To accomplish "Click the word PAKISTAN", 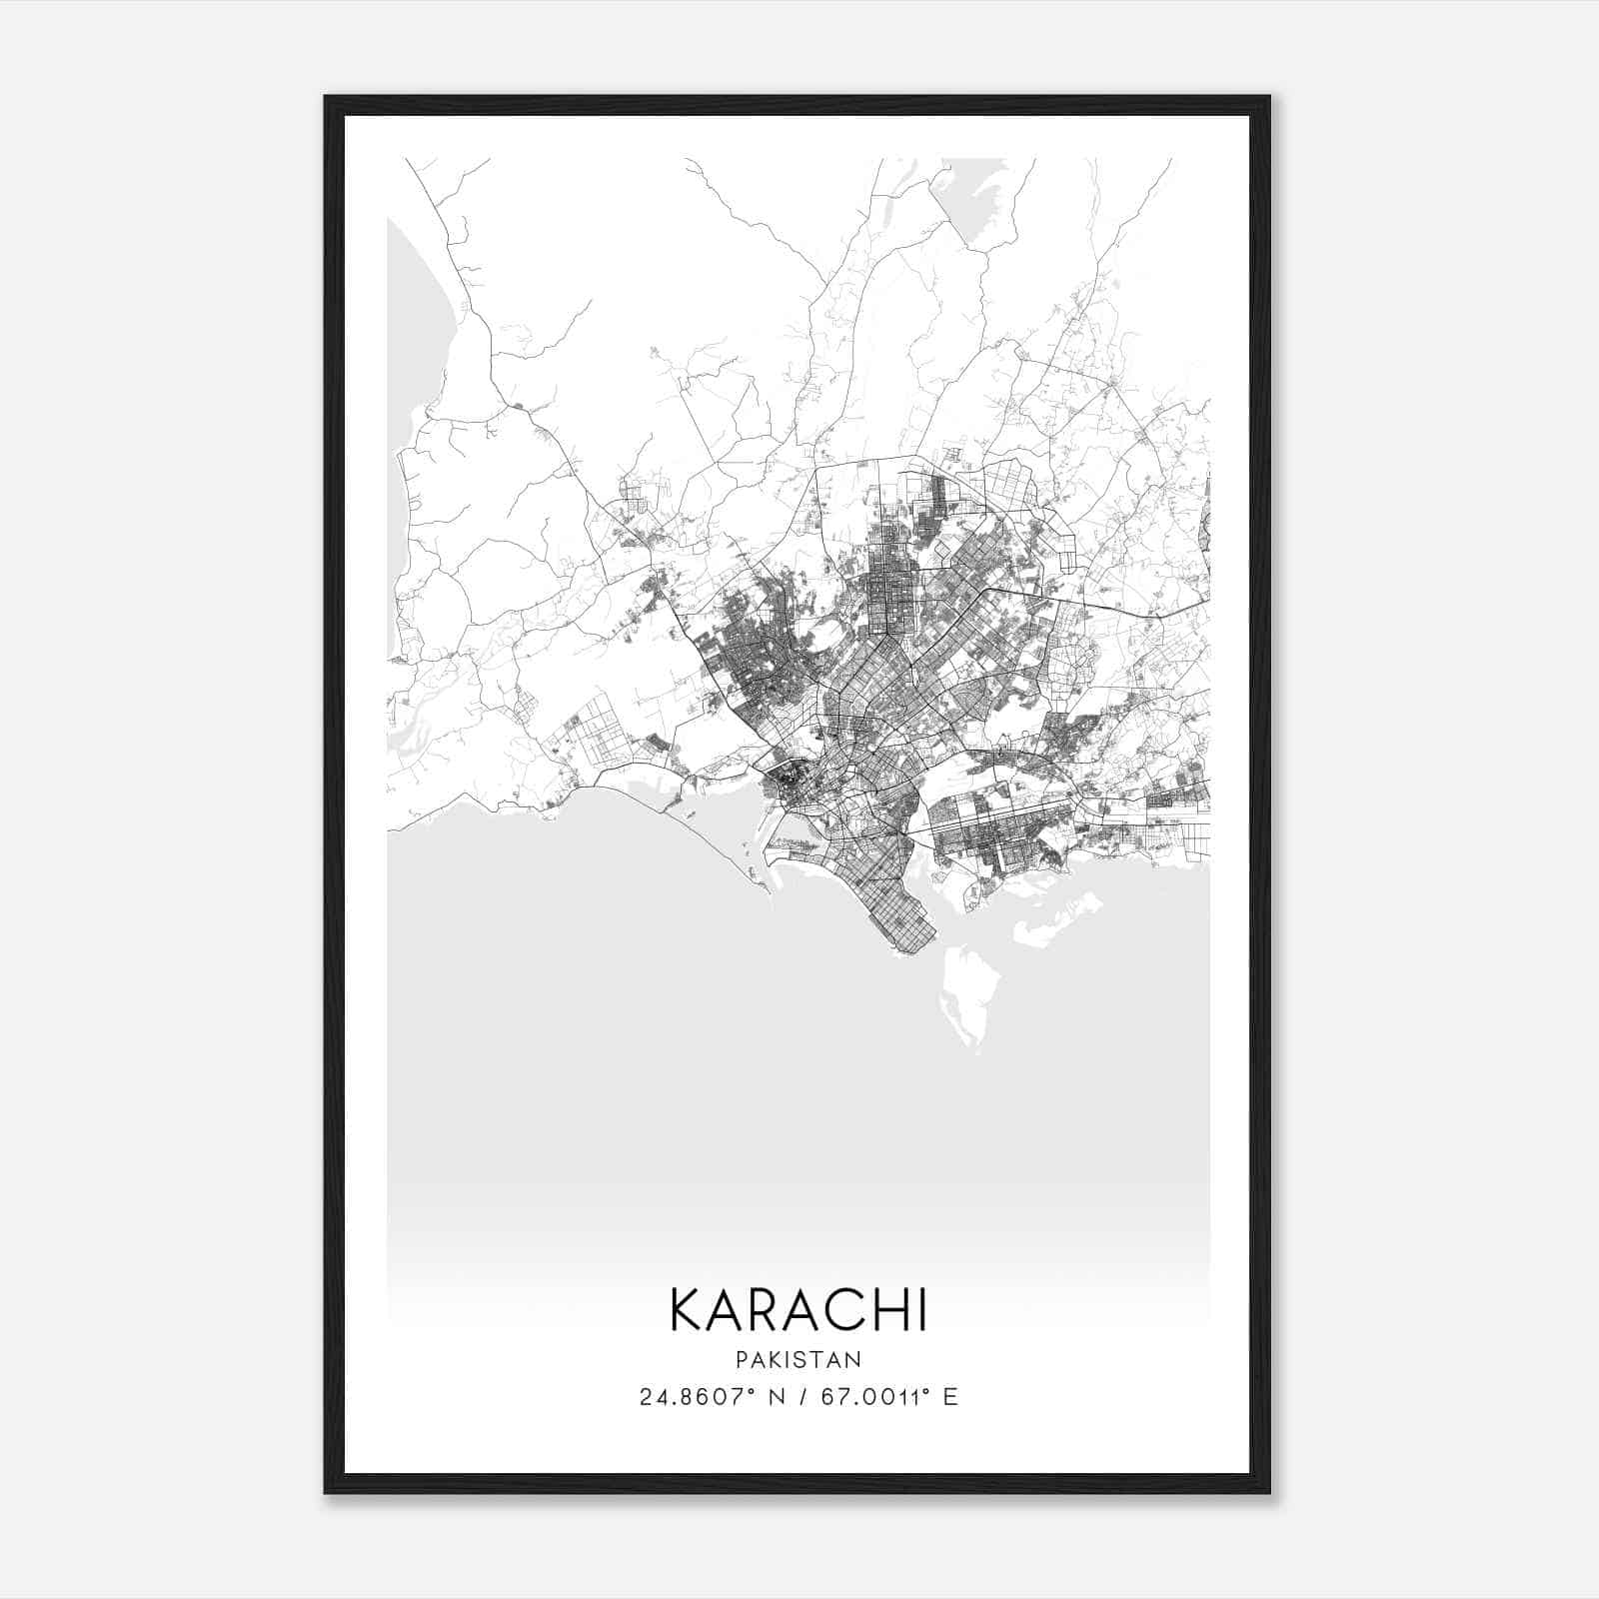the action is point(799,1359).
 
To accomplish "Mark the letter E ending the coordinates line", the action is point(950,1397).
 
